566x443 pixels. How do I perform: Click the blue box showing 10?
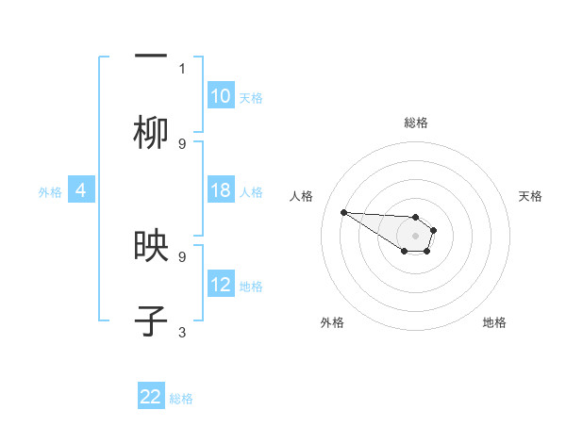pos(221,96)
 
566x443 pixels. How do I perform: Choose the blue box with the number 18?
pos(221,191)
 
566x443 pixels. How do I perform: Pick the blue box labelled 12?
pos(221,285)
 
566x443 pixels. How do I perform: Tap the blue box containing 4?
pos(81,191)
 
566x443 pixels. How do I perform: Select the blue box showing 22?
pos(151,397)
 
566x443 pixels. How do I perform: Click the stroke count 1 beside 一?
pos(182,68)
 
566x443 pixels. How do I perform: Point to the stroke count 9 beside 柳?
pos(182,143)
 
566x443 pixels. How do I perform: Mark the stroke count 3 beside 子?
pos(182,332)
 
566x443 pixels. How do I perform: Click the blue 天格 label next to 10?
pos(250,97)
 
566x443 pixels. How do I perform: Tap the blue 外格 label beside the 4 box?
pos(50,192)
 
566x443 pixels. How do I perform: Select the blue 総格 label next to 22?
pos(181,398)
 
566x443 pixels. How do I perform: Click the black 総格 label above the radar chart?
pos(416,123)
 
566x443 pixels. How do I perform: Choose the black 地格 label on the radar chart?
pos(494,322)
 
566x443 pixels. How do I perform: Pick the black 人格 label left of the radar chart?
pos(302,196)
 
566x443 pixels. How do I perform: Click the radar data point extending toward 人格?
pos(343,212)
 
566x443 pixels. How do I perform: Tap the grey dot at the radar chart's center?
pos(415,236)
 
